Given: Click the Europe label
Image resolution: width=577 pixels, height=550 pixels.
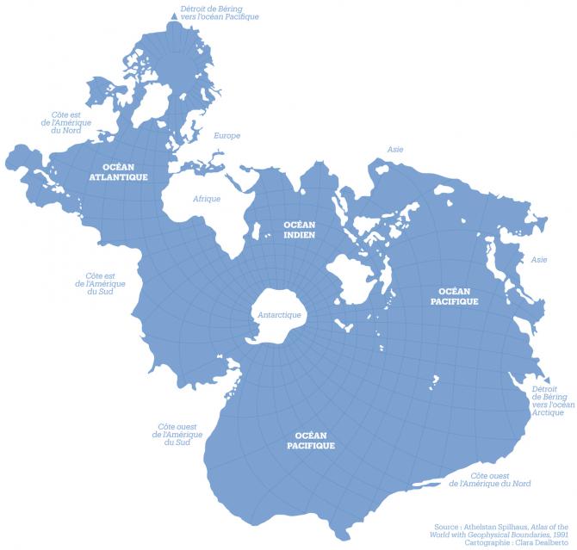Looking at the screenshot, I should (226, 136).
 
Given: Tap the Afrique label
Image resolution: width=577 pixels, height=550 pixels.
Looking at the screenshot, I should (207, 199).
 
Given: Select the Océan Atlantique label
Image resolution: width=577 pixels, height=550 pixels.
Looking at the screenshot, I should (119, 172).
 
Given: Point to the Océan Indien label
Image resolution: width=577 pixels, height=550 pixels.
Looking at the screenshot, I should (300, 229).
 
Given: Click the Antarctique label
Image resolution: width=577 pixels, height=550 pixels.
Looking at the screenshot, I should (279, 315).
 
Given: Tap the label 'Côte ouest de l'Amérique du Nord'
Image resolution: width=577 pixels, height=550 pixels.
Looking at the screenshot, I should (490, 479).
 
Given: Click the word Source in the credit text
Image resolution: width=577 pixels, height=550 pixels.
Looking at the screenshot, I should (447, 526).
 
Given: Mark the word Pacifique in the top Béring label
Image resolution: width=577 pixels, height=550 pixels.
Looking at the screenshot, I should (237, 17).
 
